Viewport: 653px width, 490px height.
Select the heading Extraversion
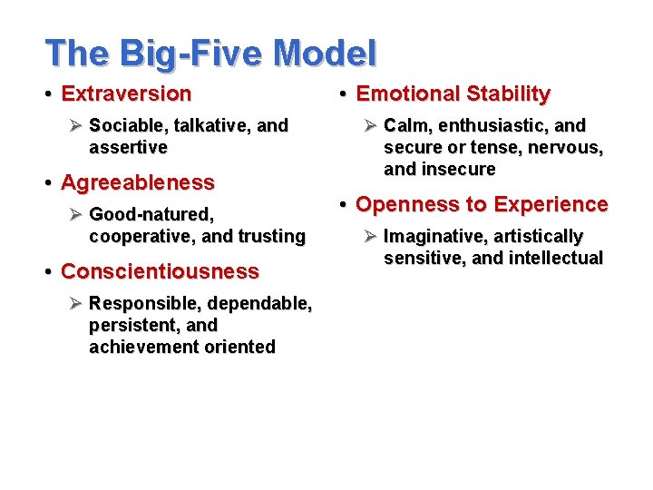point(126,93)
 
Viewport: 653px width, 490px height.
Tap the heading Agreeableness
point(137,182)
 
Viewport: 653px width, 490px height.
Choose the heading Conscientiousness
point(160,271)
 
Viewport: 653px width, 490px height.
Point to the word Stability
point(508,93)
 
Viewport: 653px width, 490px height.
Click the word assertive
point(128,147)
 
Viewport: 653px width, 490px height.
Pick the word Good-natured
point(151,214)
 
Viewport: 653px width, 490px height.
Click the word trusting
point(271,236)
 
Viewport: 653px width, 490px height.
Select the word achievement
point(135,347)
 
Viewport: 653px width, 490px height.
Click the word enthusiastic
point(493,125)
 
